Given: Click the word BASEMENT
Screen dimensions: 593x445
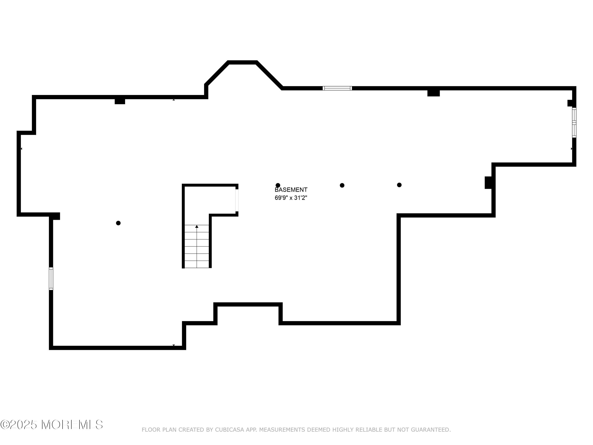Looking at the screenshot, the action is (291, 190).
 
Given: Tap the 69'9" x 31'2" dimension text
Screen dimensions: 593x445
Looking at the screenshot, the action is (291, 198).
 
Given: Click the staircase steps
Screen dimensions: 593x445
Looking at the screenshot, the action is (197, 246).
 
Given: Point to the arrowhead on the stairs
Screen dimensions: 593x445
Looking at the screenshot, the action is (197, 227).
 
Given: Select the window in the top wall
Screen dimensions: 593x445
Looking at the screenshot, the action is (337, 88).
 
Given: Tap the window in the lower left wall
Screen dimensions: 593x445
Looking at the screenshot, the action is (51, 278).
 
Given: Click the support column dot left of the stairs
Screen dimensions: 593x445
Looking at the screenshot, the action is (118, 223).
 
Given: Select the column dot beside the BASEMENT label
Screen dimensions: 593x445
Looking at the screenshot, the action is (278, 185).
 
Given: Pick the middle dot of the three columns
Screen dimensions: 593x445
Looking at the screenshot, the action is (342, 185).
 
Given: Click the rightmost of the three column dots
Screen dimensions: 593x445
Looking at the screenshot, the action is (399, 185).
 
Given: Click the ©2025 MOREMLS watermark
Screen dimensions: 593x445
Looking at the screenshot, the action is (51, 425).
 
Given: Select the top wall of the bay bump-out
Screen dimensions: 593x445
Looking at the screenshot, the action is (242, 62).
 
